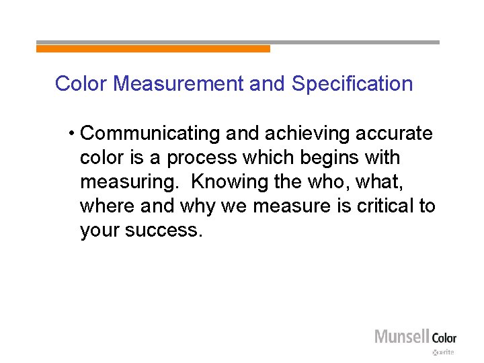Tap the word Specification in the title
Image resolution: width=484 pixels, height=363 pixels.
tap(352, 84)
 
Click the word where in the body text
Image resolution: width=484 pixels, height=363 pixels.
tap(106, 206)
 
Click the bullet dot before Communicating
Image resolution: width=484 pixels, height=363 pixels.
tap(71, 134)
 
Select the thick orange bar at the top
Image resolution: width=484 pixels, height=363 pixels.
tap(153, 48)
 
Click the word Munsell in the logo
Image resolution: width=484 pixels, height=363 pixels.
tap(402, 336)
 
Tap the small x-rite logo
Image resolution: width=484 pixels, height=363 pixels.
tap(444, 352)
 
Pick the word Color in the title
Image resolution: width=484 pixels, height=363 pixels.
tap(82, 84)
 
